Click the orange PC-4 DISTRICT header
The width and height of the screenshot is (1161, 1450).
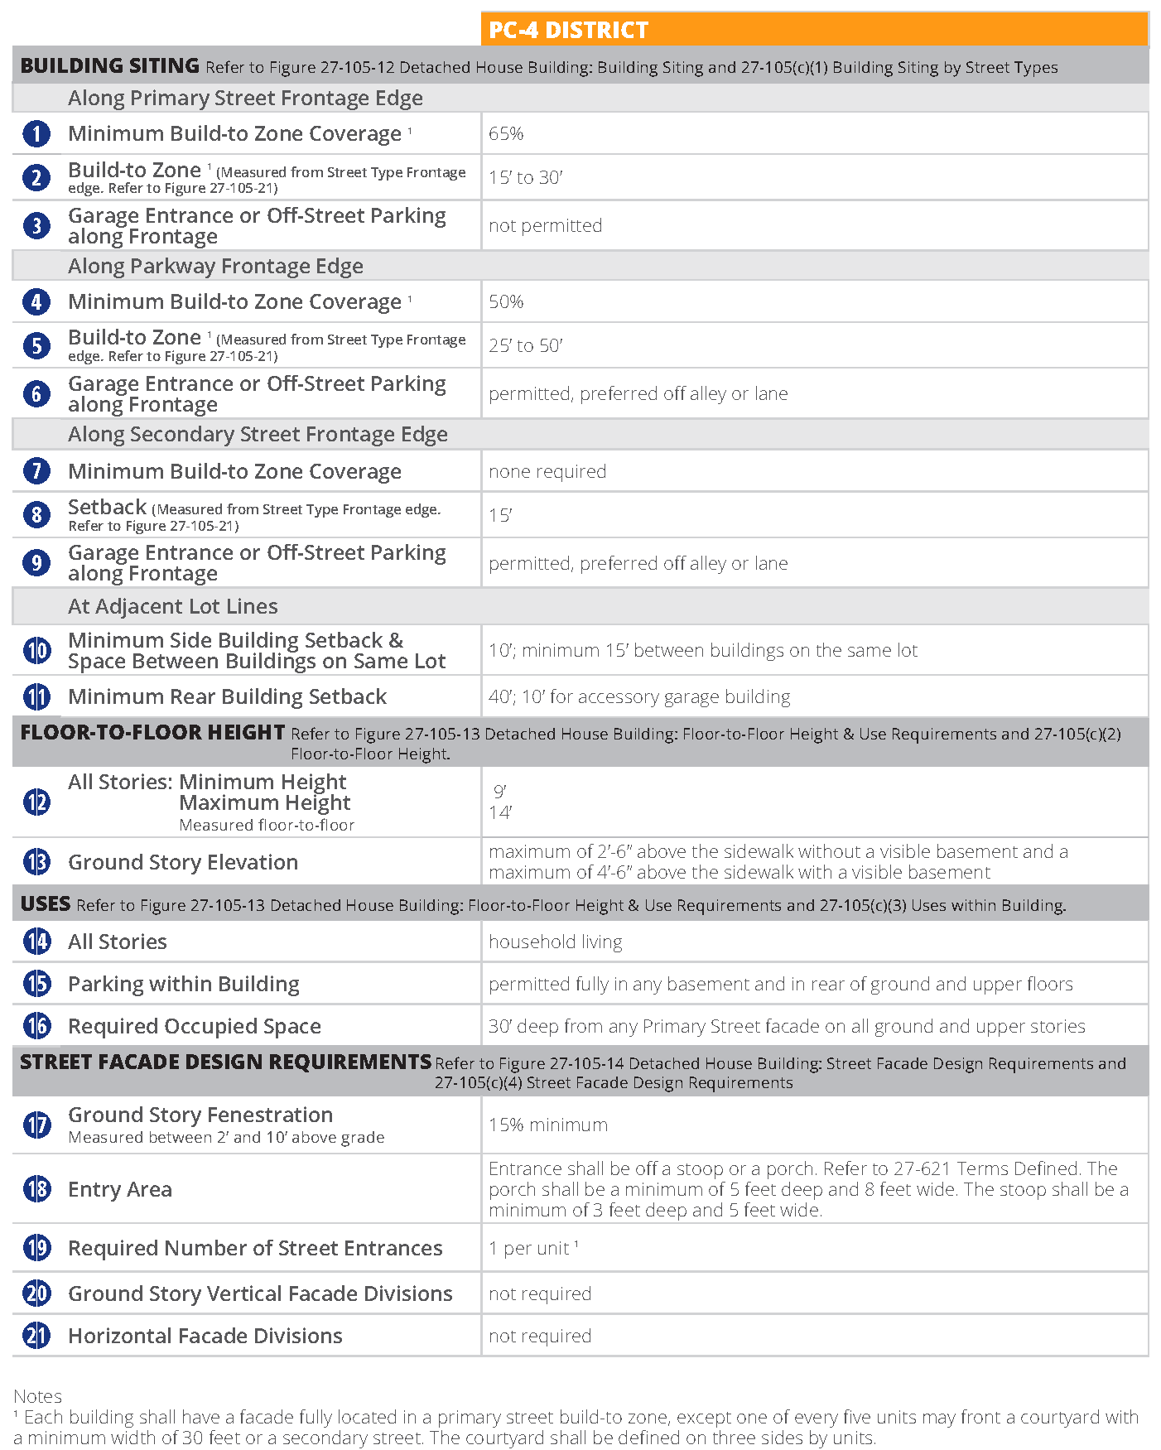[x=814, y=30]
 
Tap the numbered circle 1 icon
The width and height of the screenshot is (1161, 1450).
[x=36, y=133]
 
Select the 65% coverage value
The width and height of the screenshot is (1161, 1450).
[x=506, y=133]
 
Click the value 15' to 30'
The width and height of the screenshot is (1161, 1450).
[x=525, y=177]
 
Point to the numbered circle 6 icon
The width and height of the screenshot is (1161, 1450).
[x=36, y=393]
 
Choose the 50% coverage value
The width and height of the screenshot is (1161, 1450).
[x=506, y=301]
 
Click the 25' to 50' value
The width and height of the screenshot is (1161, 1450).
[x=525, y=345]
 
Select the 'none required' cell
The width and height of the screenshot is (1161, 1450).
[x=547, y=471]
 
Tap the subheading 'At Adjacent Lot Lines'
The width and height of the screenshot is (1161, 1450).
[x=172, y=606]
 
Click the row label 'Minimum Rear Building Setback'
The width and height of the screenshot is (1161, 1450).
[x=227, y=696]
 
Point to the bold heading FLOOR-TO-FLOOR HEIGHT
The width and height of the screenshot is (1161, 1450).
[x=152, y=733]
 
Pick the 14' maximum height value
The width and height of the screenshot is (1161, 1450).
[x=500, y=812]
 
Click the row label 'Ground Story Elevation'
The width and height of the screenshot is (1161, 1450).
[x=182, y=862]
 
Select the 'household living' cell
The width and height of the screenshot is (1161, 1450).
[x=555, y=942]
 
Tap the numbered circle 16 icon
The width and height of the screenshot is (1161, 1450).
[x=36, y=1026]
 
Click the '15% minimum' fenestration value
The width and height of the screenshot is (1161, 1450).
[x=547, y=1125]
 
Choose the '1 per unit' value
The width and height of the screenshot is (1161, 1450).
[x=530, y=1248]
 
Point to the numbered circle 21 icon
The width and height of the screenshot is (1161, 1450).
[x=36, y=1336]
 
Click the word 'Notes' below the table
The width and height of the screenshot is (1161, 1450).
[x=37, y=1396]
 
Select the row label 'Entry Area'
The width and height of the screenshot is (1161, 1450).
[x=120, y=1189]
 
